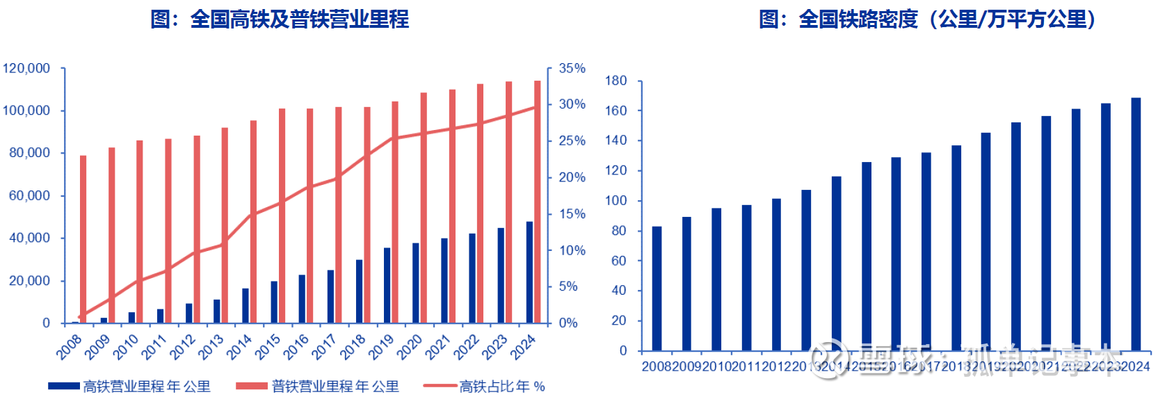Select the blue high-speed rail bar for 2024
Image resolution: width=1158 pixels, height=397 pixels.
tap(529, 273)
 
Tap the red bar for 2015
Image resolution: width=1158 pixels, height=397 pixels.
tap(282, 216)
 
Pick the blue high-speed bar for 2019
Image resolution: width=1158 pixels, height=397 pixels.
tap(387, 285)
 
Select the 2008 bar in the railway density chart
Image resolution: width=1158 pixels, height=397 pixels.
tap(657, 289)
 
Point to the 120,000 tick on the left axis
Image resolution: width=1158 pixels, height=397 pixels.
tap(26, 68)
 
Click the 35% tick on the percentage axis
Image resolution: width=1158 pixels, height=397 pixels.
tap(572, 68)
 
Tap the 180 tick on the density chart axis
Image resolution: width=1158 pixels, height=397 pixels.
tap(616, 81)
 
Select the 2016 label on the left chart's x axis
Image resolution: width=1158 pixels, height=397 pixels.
tap(296, 346)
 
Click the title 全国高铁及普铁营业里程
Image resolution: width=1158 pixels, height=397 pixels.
tap(280, 19)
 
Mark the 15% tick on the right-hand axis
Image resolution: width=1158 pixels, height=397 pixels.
tap(572, 213)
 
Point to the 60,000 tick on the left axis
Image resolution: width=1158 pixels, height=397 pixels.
tap(29, 196)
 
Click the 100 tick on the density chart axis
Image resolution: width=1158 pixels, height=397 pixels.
tap(616, 201)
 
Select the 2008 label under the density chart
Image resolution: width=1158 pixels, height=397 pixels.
tap(656, 366)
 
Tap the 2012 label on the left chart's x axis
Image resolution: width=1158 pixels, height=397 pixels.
tap(183, 346)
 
